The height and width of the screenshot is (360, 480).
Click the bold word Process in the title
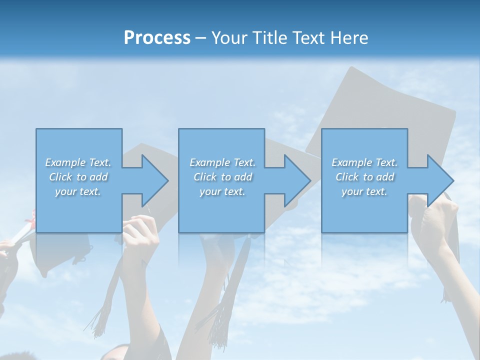coord(157,38)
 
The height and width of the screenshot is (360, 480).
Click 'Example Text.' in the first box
coord(78,162)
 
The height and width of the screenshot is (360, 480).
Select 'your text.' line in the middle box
coord(222,191)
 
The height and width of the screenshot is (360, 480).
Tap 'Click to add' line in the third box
coord(365,177)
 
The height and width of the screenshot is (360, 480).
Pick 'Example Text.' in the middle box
coord(222,162)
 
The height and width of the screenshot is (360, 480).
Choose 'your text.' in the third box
coord(364,191)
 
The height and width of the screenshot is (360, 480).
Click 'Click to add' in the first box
coord(78,177)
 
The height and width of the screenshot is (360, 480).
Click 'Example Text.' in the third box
coord(364,162)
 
